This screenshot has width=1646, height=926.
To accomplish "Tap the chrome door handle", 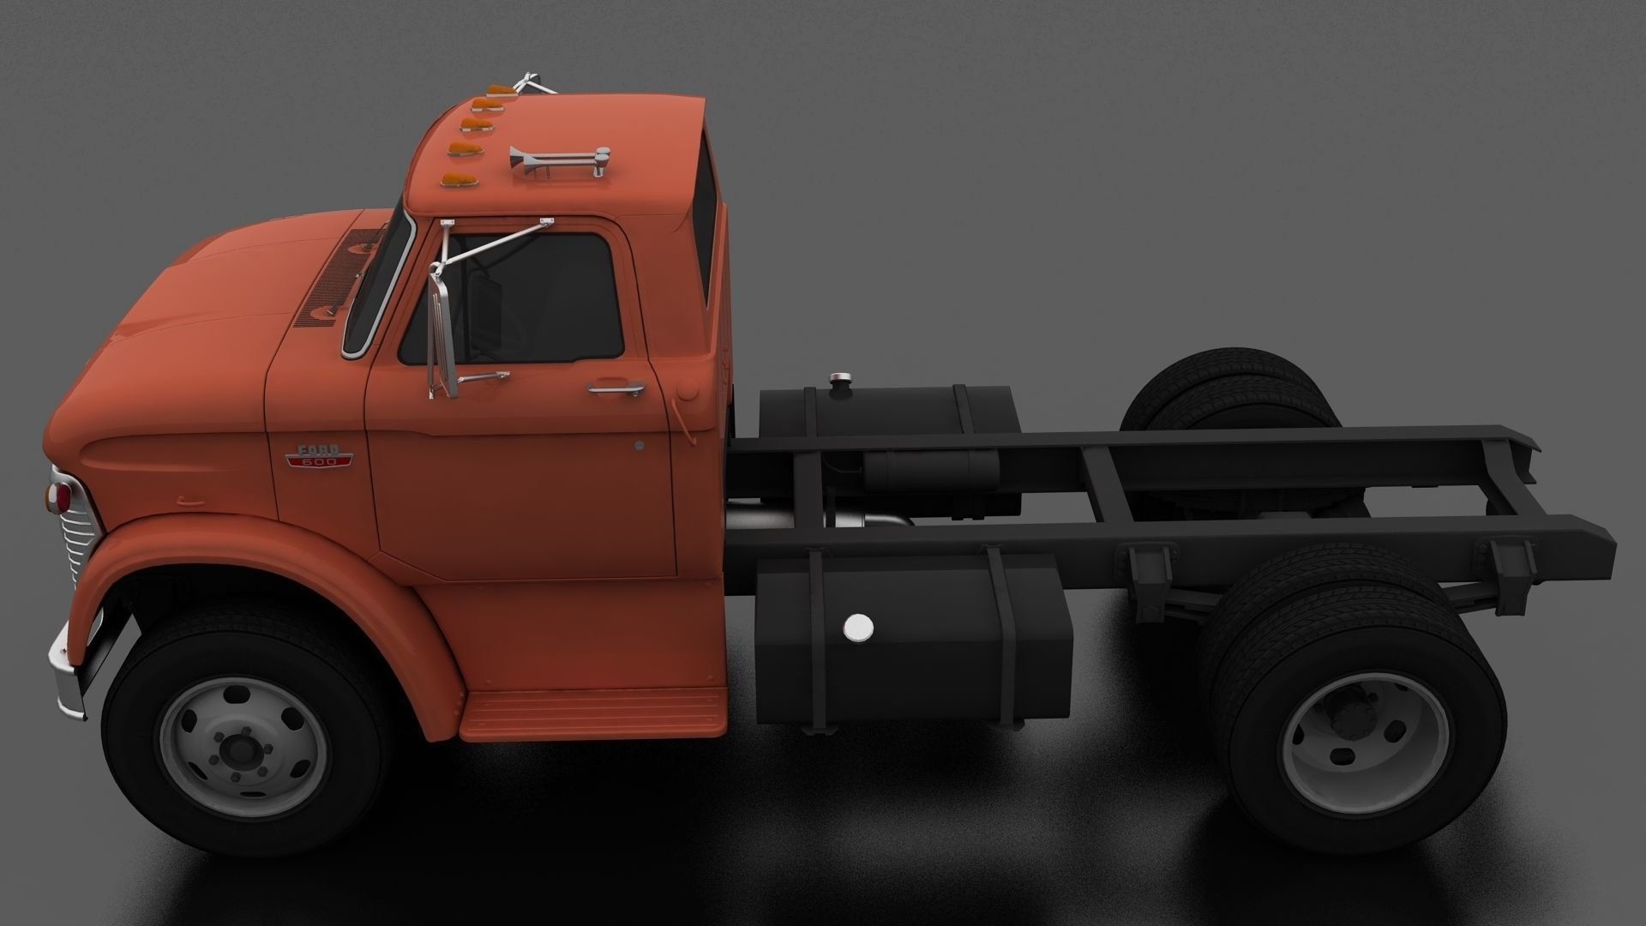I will click(x=616, y=389).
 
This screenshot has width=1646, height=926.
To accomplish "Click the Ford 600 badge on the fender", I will click(x=319, y=456).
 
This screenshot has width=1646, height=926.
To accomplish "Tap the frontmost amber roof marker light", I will click(x=455, y=180).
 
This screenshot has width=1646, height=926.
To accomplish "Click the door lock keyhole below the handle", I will click(x=640, y=446).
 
